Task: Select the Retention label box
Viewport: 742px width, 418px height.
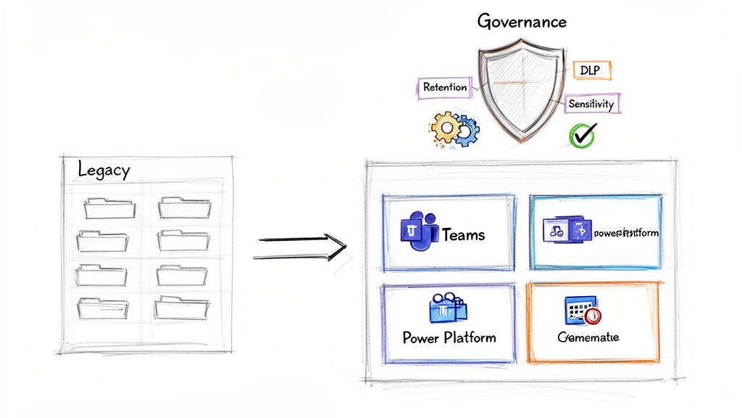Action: click(x=445, y=87)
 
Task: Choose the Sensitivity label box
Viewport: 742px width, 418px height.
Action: click(x=591, y=104)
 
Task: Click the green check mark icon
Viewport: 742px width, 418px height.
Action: click(x=583, y=134)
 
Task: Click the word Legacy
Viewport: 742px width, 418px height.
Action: click(x=104, y=171)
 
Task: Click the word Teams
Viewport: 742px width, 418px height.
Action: click(x=463, y=234)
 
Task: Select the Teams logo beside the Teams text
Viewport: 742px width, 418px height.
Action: click(x=418, y=231)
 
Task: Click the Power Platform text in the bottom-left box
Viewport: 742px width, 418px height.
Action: click(x=449, y=337)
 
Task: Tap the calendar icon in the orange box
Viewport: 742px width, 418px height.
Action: click(x=581, y=311)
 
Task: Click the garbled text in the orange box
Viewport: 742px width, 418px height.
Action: click(x=588, y=337)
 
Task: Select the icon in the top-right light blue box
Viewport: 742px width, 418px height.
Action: click(x=567, y=231)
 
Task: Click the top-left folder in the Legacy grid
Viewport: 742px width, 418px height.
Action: click(x=109, y=208)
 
